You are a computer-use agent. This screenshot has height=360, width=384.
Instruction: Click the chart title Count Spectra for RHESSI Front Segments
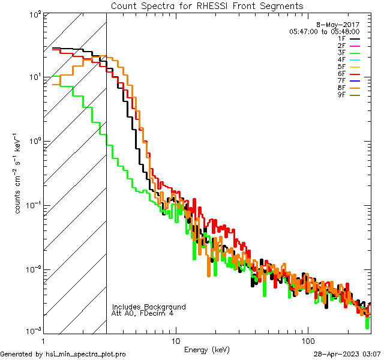coord(207,6)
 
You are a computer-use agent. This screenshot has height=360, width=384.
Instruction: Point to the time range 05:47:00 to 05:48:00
coord(324,31)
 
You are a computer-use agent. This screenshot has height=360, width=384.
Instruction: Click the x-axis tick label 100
coord(307,341)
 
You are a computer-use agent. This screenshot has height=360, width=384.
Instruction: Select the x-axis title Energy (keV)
coord(207,349)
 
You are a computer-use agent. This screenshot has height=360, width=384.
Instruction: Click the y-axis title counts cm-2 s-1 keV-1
coord(19,174)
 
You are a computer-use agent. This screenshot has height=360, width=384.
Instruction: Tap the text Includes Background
coord(149,307)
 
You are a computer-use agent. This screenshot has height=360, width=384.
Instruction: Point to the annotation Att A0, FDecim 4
coord(143,313)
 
